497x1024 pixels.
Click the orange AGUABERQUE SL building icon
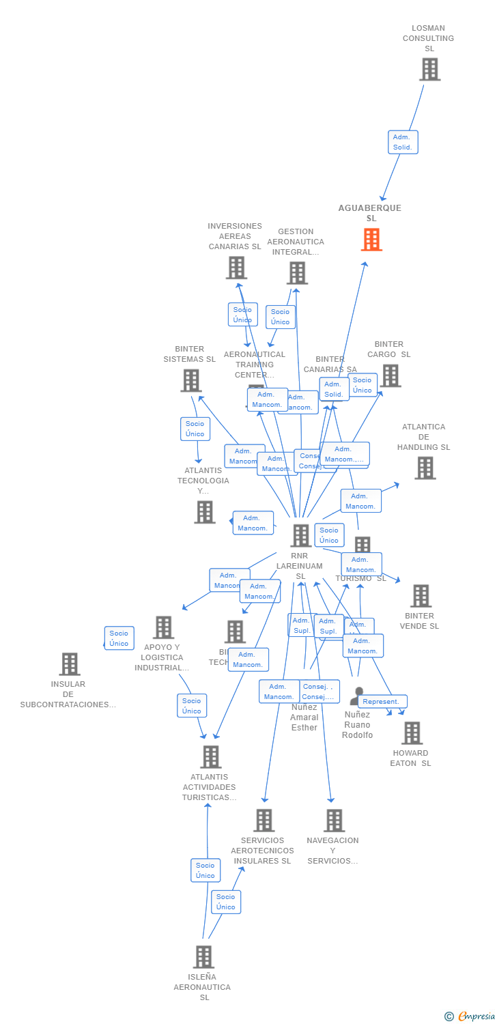coord(371,240)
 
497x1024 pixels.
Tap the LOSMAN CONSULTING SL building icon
coord(429,70)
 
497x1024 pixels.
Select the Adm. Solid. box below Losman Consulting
coord(403,142)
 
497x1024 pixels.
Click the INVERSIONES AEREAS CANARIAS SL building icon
coord(236,268)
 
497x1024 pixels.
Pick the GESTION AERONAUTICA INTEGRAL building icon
coord(297,273)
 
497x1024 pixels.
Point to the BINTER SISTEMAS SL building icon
coord(191,380)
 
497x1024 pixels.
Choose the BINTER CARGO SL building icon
coord(390,375)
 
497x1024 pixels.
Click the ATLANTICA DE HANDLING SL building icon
coord(425,468)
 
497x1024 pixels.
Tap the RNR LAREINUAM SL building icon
coord(300,535)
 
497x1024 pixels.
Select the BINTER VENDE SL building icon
coord(421,595)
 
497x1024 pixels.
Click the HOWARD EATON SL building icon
coord(412,733)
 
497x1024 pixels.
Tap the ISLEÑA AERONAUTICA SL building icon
coord(203,956)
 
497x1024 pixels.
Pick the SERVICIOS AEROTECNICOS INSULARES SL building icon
coord(264,820)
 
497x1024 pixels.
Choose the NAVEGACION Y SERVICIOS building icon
coord(334,820)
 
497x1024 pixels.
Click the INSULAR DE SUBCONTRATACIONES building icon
coord(69,664)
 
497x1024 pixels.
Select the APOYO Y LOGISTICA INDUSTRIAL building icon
coord(163,627)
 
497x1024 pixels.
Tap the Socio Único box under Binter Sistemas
coord(195,429)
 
